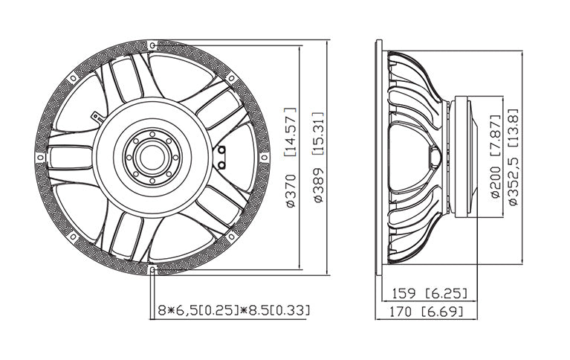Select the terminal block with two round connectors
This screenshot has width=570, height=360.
tap(221, 156)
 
